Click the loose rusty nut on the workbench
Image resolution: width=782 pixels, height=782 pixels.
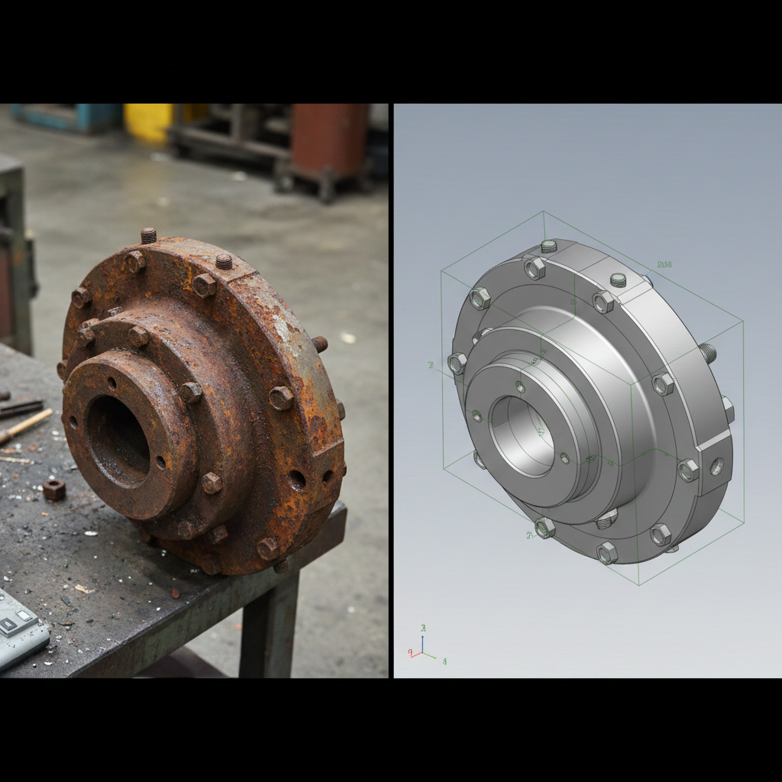(53, 490)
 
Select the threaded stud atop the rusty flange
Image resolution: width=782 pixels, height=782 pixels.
(148, 235)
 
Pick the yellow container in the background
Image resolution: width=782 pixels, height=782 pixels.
(149, 121)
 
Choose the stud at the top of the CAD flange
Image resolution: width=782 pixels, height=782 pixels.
(548, 246)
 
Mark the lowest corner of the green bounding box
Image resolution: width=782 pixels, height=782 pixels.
(638, 584)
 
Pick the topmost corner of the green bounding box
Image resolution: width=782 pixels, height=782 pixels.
(544, 212)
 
